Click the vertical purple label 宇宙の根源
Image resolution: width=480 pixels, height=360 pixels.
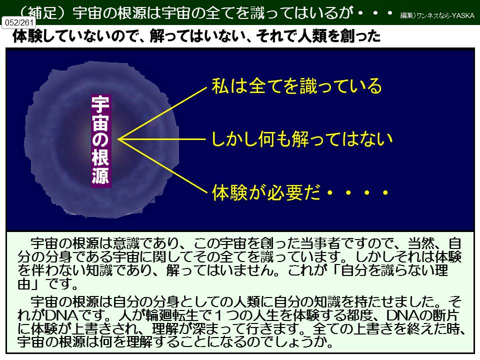100,140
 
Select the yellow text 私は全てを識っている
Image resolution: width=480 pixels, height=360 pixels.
296,86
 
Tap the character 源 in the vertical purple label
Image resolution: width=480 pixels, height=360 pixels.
100,177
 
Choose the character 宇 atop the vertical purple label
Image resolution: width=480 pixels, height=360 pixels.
100,103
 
